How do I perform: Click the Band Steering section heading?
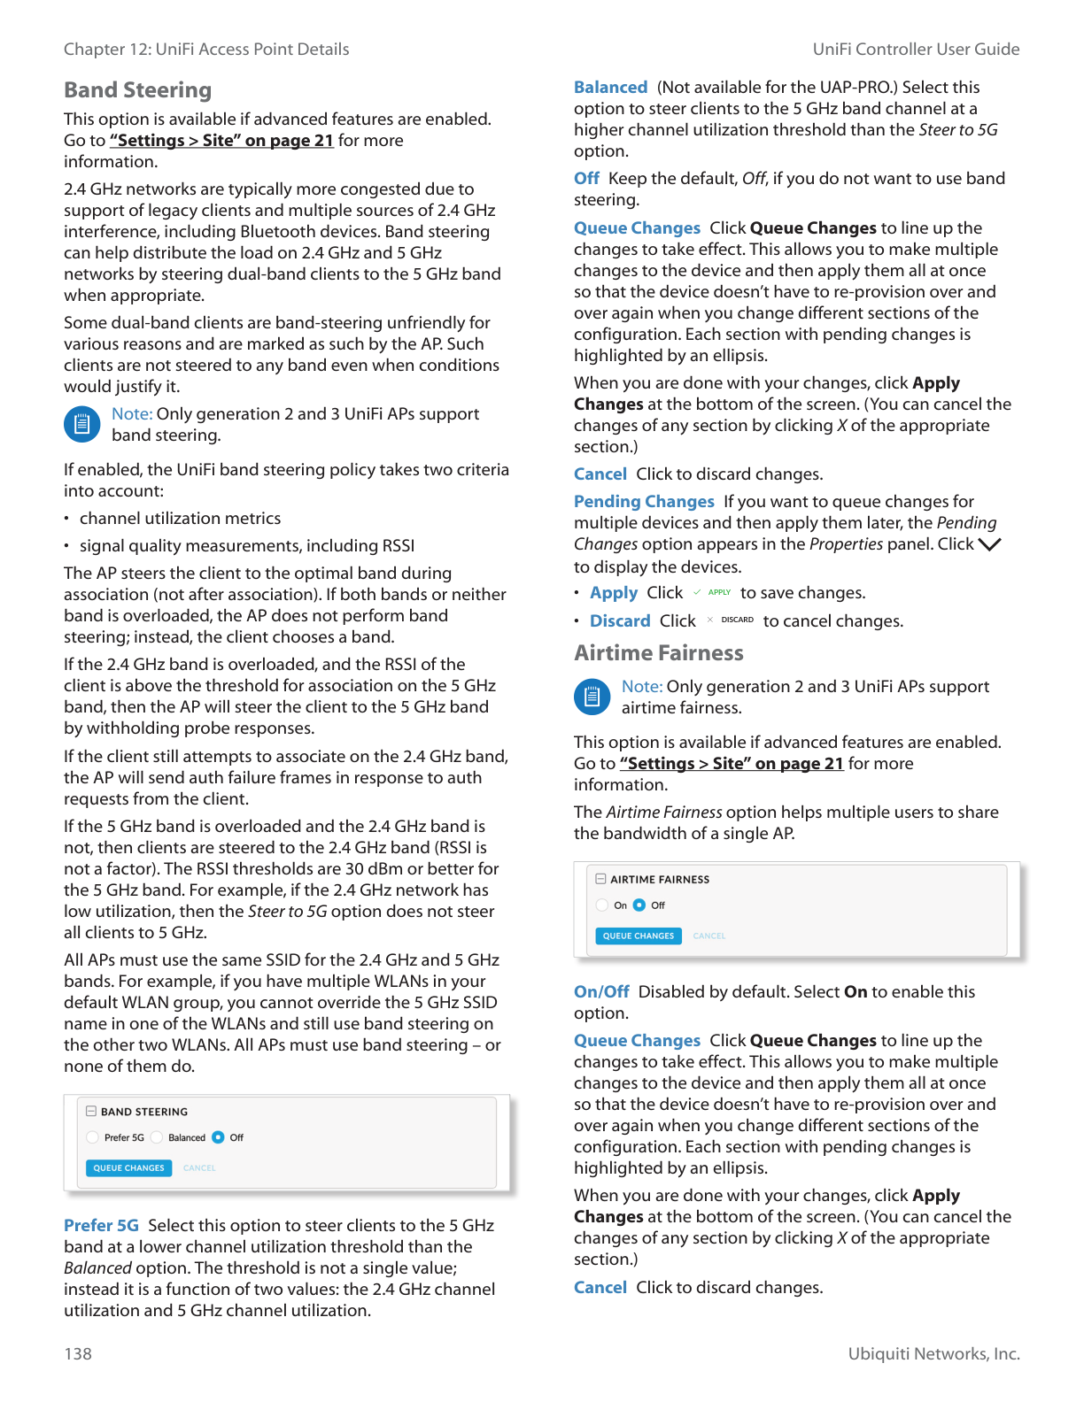coord(137,90)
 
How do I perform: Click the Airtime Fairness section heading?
coord(658,653)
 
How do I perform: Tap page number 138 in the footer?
coord(78,1353)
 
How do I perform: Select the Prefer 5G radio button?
coord(93,1137)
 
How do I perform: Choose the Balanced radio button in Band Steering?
coord(157,1137)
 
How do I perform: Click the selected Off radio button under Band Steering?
coord(218,1137)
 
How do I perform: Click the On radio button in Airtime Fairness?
coord(602,905)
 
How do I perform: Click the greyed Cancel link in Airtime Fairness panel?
coord(708,936)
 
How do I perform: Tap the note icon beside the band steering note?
coord(81,424)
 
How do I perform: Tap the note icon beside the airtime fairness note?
coord(592,697)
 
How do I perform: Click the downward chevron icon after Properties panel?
coord(989,544)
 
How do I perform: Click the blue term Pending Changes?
coord(644,502)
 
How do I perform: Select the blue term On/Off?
coord(601,992)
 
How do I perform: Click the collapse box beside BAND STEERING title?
coord(91,1111)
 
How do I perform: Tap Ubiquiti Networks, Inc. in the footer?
coord(933,1353)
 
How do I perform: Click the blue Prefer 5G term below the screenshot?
coord(101,1226)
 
